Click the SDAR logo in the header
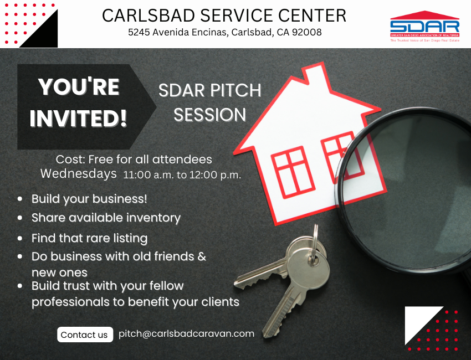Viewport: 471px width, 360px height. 425,26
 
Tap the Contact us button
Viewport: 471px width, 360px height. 85,335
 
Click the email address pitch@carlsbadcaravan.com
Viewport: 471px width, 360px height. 186,333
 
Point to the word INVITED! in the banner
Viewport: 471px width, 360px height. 78,119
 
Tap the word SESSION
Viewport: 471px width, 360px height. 209,115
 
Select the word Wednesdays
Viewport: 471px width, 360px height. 79,174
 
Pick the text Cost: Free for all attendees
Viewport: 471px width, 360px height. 134,160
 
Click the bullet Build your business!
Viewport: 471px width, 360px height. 89,199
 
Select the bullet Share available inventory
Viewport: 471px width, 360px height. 106,218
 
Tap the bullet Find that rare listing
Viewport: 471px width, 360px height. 90,238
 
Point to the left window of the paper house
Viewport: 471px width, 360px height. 293,172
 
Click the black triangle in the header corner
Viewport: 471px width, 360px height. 42,33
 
